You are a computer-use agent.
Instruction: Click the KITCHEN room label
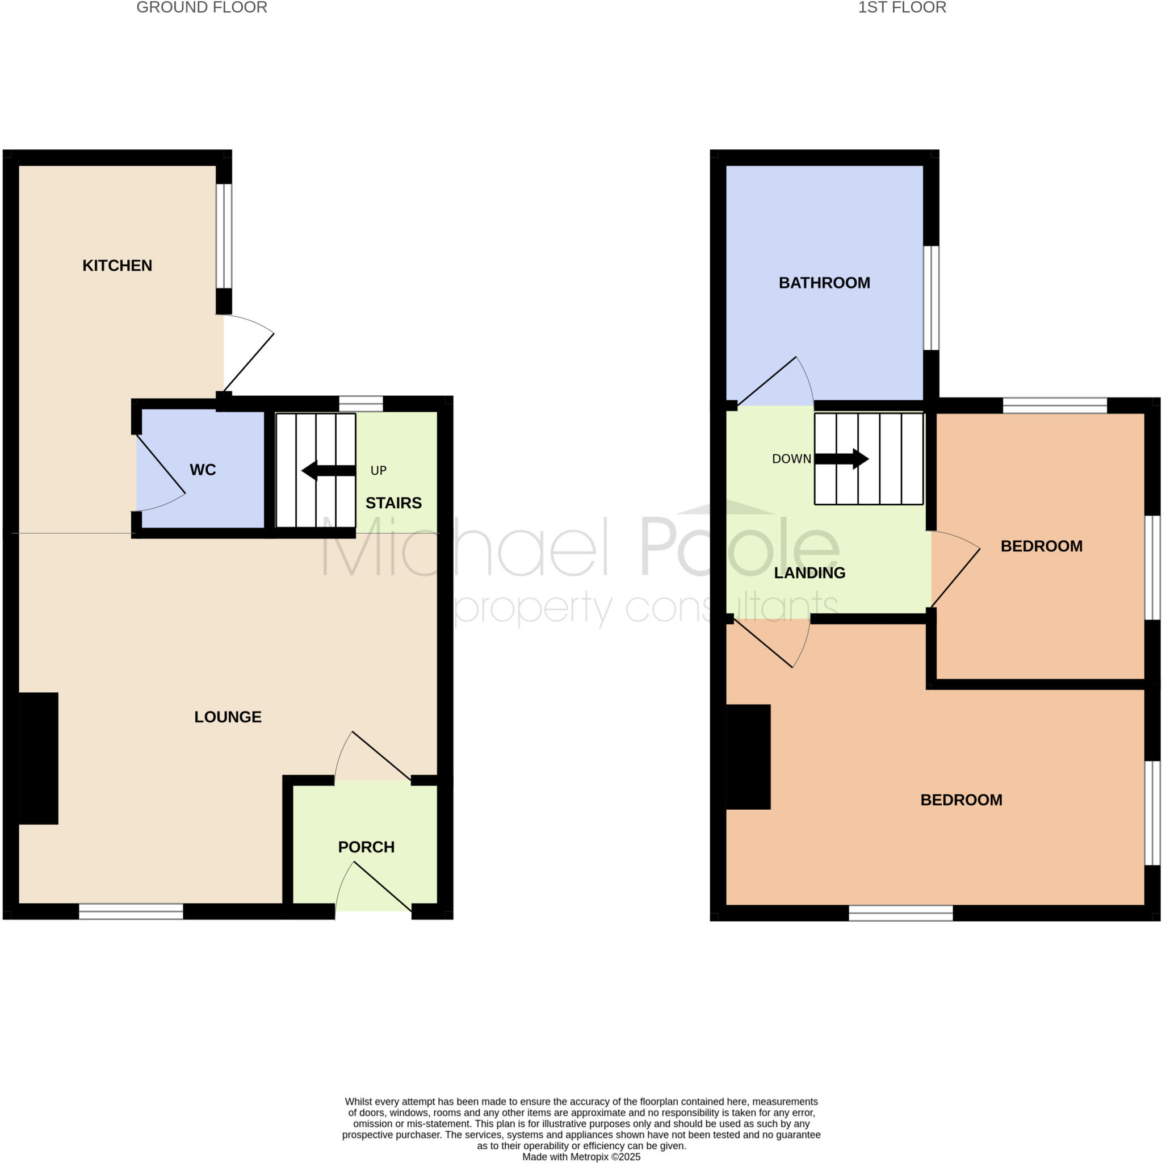coord(118,265)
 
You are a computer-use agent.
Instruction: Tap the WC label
coord(203,470)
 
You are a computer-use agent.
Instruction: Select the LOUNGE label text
coord(228,717)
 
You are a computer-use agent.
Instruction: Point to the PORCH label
coord(366,848)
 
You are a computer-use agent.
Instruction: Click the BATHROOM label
coord(824,283)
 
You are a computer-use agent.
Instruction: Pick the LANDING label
coord(809,573)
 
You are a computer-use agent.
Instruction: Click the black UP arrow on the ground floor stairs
coord(328,471)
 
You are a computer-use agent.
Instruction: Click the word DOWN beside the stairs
coord(791,459)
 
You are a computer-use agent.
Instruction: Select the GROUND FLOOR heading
coord(202,8)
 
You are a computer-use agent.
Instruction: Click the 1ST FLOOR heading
coord(901,8)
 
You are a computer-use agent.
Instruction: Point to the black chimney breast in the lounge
coord(39,758)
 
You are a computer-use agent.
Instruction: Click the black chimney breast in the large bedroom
coord(748,756)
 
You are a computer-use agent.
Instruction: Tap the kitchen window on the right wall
coord(224,236)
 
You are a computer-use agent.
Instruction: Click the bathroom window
coord(930,298)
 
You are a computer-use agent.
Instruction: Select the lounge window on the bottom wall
coord(131,911)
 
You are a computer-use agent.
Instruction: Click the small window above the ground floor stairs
coord(361,403)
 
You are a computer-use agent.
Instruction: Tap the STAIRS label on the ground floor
coord(393,503)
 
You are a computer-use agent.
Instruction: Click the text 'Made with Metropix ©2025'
coord(581,1157)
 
